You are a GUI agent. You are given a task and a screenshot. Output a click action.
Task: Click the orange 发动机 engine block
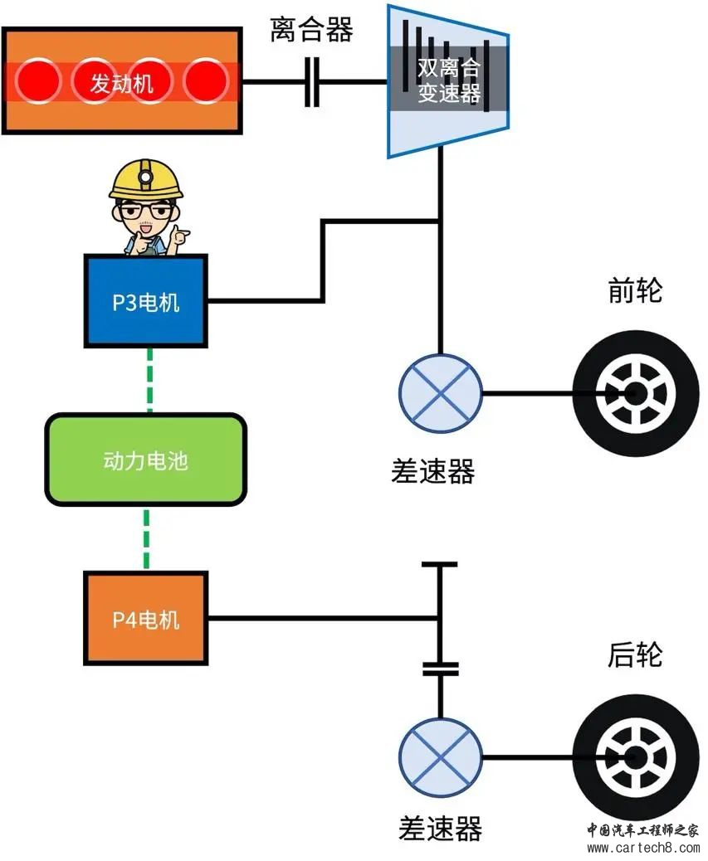pos(123,80)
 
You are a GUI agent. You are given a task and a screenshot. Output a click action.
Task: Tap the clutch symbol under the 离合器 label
pos(311,81)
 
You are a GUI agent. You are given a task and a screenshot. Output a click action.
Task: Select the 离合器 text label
pos(311,30)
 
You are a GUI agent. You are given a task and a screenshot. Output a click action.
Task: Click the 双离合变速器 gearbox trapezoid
pos(448,81)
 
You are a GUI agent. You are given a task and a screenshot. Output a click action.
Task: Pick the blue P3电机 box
pos(145,301)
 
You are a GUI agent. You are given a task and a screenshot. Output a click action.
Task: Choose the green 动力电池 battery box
pos(145,460)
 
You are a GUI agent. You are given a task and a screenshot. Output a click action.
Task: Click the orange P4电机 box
pos(145,618)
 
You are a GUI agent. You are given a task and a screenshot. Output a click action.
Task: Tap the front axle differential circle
pos(440,392)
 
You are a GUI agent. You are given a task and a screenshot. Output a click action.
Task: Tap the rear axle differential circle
pos(440,756)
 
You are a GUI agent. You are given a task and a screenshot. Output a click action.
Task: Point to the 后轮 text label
pos(635,654)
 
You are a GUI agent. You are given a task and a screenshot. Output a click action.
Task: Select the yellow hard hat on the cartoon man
pos(145,179)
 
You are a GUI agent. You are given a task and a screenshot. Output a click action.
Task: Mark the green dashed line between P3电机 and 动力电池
pos(149,380)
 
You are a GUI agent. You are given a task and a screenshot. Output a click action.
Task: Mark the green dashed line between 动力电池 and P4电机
pos(147,538)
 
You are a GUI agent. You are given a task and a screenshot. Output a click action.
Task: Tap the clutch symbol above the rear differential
pos(440,669)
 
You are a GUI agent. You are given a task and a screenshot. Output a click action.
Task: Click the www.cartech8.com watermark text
pos(643,848)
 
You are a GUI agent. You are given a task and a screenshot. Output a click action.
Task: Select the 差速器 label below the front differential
pos(432,471)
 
